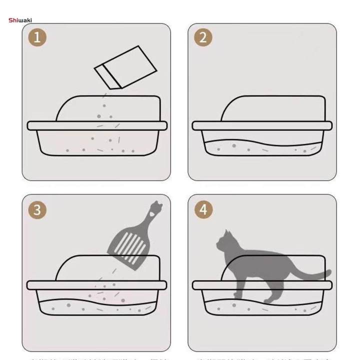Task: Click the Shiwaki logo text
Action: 20,20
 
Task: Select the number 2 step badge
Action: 203,37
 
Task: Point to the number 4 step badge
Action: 203,209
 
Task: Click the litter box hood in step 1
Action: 110,107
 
